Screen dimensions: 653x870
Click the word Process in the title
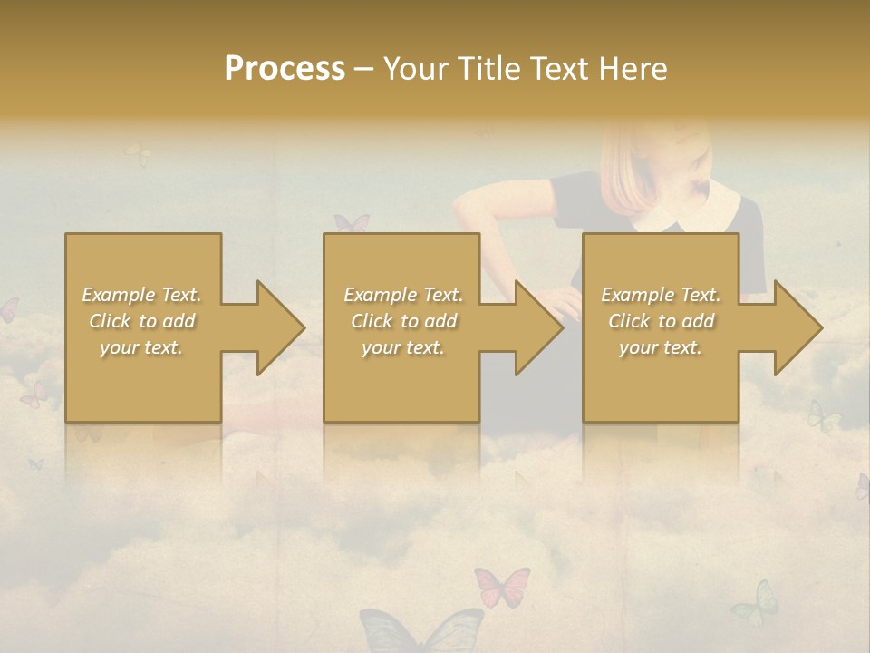pyautogui.click(x=285, y=69)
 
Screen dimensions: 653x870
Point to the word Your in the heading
pyautogui.click(x=418, y=69)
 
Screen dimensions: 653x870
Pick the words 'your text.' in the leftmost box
pyautogui.click(x=141, y=347)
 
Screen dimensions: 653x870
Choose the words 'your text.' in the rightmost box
pyautogui.click(x=661, y=347)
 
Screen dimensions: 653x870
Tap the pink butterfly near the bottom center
pyautogui.click(x=502, y=587)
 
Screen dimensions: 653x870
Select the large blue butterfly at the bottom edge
pyautogui.click(x=421, y=630)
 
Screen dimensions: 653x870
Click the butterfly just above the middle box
pyautogui.click(x=352, y=223)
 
